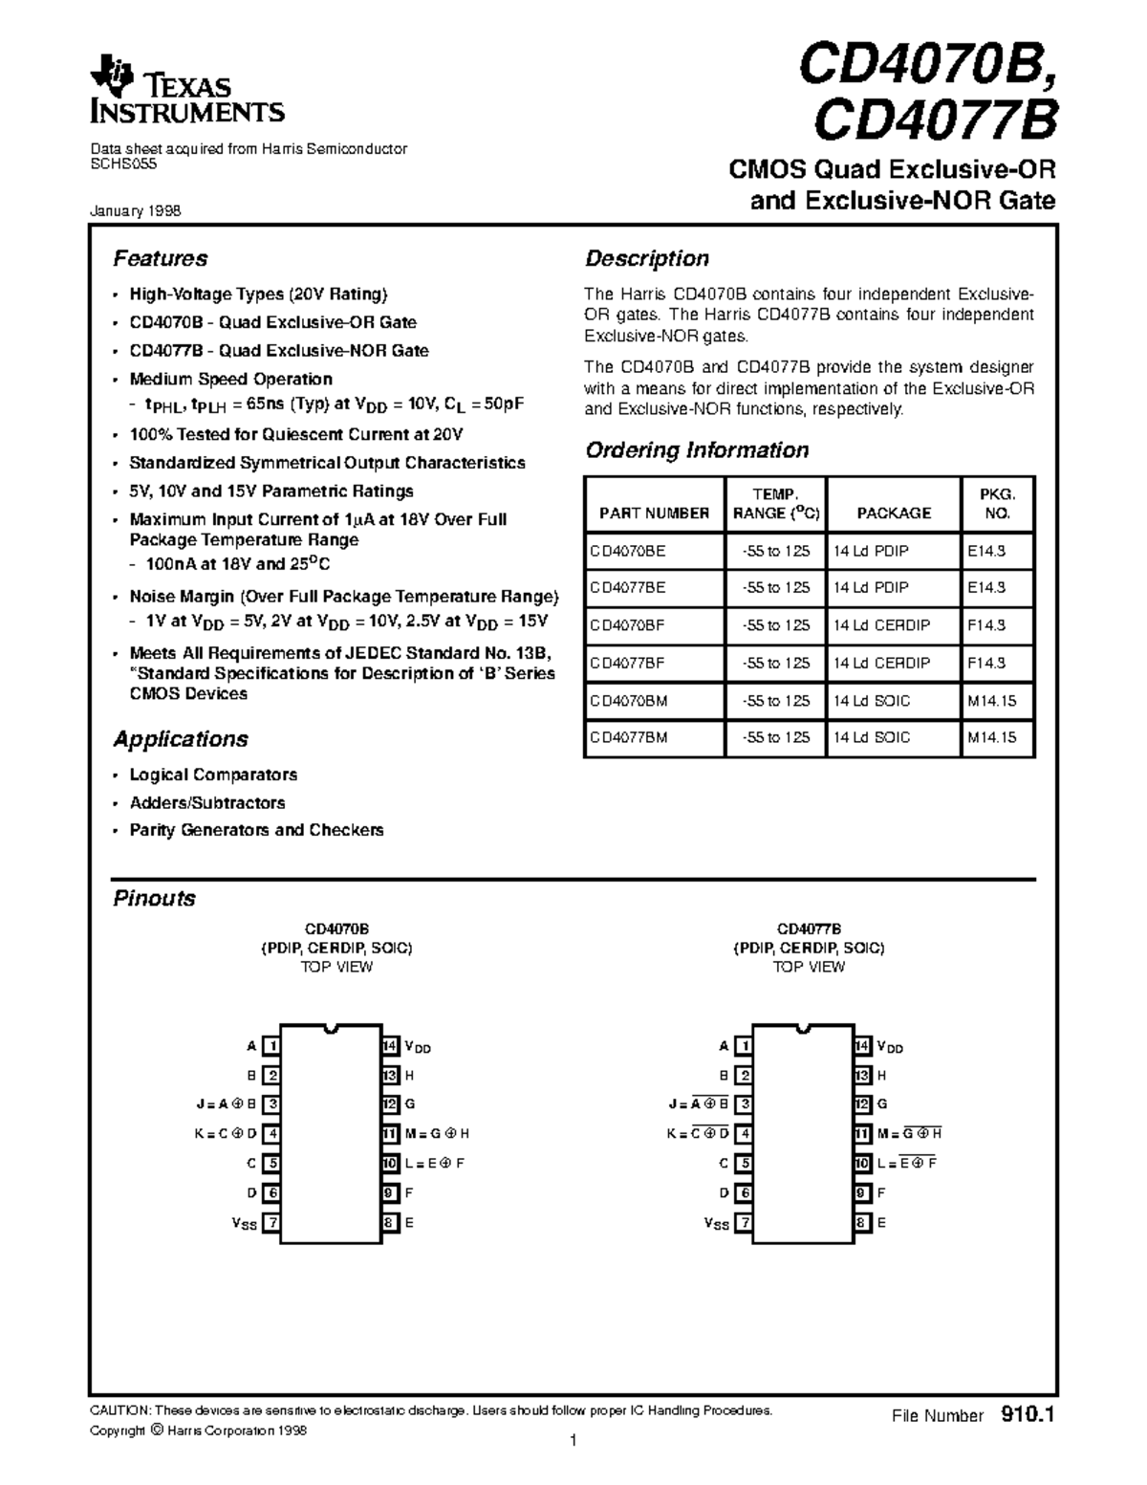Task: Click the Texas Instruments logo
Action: click(x=186, y=97)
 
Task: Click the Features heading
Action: click(x=160, y=258)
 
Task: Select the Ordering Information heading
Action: click(x=696, y=449)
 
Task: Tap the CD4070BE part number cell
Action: click(x=628, y=551)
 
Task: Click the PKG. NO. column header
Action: click(x=996, y=503)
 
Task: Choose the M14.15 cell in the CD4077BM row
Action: click(x=992, y=737)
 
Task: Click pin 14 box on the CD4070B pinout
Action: click(x=390, y=1046)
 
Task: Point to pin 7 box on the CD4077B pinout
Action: click(x=744, y=1222)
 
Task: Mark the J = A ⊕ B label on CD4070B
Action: click(x=226, y=1104)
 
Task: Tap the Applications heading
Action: click(x=180, y=739)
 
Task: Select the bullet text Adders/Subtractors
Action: click(x=207, y=803)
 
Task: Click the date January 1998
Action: click(x=135, y=211)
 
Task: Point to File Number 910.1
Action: click(x=971, y=1415)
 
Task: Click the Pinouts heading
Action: click(x=154, y=898)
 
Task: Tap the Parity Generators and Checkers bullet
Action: click(x=256, y=830)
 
